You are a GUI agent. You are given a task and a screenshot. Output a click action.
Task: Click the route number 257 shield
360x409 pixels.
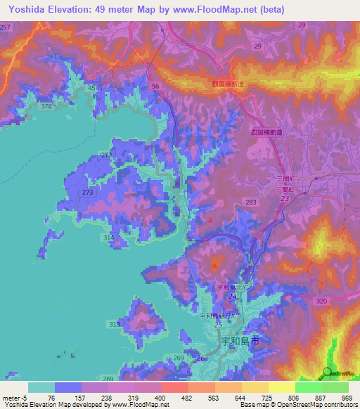pyautogui.click(x=6, y=26)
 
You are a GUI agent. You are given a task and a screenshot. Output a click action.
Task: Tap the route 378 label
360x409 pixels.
pyautogui.click(x=47, y=106)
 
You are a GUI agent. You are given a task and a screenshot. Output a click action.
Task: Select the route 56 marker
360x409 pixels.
pyautogui.click(x=156, y=85)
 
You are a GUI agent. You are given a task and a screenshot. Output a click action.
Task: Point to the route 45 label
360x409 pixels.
pyautogui.click(x=93, y=88)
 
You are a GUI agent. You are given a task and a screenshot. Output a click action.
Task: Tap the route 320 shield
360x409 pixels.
pyautogui.click(x=322, y=301)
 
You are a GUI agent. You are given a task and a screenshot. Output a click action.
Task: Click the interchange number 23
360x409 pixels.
pyautogui.click(x=285, y=199)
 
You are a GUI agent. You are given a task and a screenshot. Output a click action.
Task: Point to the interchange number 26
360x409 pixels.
pyautogui.click(x=202, y=358)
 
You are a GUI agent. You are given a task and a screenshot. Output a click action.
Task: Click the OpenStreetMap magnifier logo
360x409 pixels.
pyautogui.click(x=327, y=372)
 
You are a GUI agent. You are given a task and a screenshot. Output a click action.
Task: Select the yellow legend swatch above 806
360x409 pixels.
pyautogui.click(x=281, y=387)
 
